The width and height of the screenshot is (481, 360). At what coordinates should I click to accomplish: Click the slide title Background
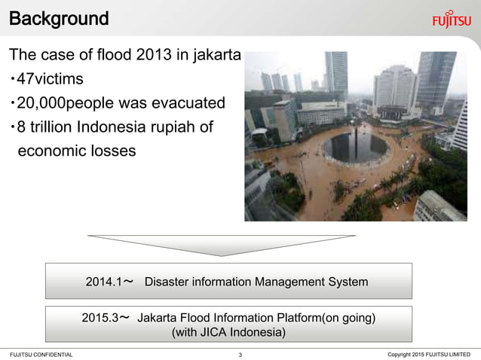coord(59,18)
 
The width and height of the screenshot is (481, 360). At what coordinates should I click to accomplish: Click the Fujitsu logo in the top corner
coord(452,20)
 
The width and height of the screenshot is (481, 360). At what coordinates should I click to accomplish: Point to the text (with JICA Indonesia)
coord(229,333)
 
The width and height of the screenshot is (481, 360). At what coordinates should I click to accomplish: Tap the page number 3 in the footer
coord(240,355)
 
